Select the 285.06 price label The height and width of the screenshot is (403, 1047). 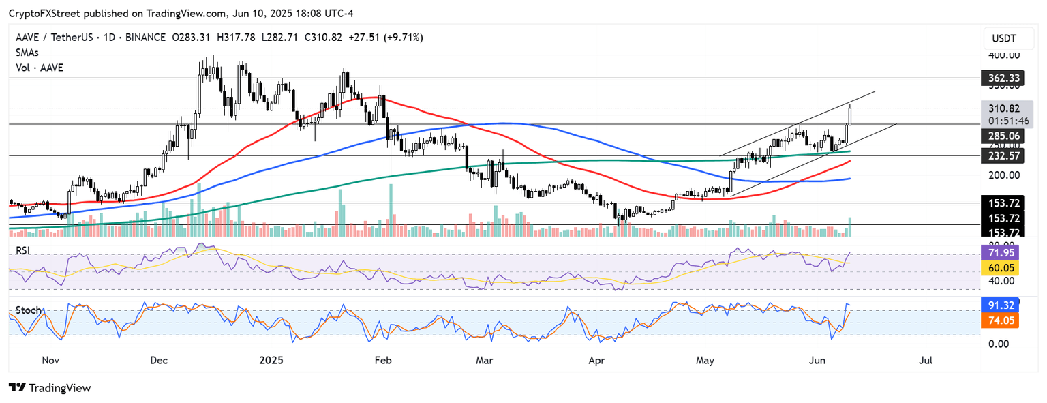pos(999,136)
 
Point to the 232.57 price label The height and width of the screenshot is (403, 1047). pos(999,155)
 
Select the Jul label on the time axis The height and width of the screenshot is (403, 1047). pos(926,359)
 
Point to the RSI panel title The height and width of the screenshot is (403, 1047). pos(24,250)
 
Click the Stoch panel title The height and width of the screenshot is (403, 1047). pos(29,310)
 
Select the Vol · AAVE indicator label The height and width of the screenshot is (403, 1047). pos(39,68)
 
